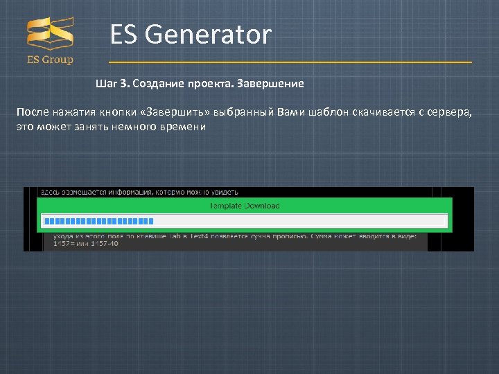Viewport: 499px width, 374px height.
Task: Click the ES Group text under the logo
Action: (50, 60)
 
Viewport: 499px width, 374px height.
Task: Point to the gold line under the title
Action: (290, 62)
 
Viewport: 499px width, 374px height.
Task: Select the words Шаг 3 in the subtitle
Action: (112, 84)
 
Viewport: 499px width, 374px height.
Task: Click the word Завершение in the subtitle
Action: (270, 84)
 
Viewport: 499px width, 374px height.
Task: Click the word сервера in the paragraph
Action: (450, 113)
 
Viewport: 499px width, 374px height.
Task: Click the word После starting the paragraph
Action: (33, 113)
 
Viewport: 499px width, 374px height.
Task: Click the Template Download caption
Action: (245, 206)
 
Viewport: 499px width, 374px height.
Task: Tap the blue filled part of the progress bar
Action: (97, 221)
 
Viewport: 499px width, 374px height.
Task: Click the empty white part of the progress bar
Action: (298, 221)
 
